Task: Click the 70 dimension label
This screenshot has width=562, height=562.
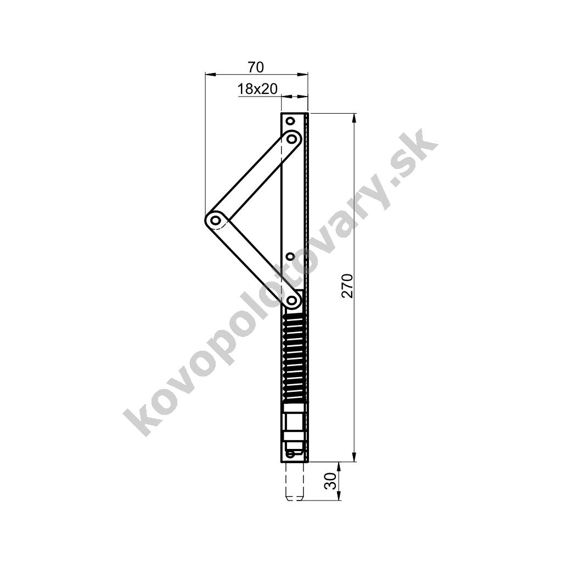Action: tap(256, 67)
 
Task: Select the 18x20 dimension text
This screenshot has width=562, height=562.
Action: tap(257, 89)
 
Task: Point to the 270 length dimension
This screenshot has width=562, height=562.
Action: tap(347, 285)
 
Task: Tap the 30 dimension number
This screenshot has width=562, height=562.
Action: tap(330, 481)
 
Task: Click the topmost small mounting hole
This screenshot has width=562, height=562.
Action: tap(291, 121)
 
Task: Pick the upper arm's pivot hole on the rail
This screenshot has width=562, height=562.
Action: tap(293, 139)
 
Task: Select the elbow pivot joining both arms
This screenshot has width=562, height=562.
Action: tap(215, 220)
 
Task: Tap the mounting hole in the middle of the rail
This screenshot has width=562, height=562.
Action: tap(291, 257)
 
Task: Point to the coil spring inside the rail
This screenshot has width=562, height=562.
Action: tap(295, 358)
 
